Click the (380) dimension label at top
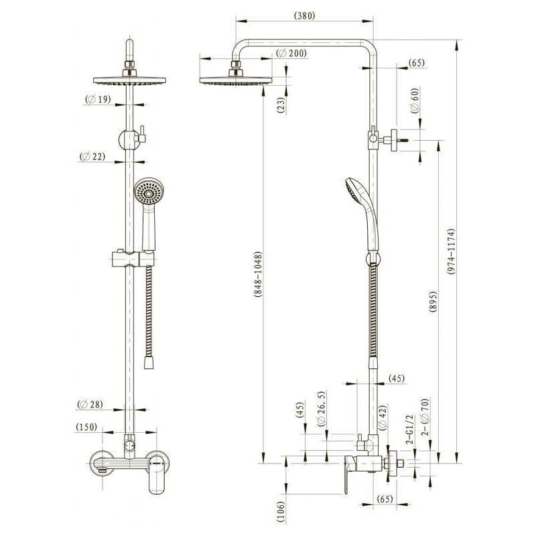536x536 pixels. [x=304, y=15]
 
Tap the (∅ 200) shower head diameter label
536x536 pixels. [x=291, y=54]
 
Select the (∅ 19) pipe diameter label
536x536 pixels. [x=98, y=99]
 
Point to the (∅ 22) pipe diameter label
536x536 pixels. [x=92, y=157]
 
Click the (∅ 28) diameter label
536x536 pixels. [x=90, y=405]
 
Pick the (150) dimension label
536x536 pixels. [x=86, y=427]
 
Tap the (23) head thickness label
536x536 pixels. [x=281, y=105]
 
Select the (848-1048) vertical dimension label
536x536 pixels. [x=258, y=274]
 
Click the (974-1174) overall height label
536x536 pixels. [x=451, y=251]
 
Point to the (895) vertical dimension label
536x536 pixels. [x=433, y=302]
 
